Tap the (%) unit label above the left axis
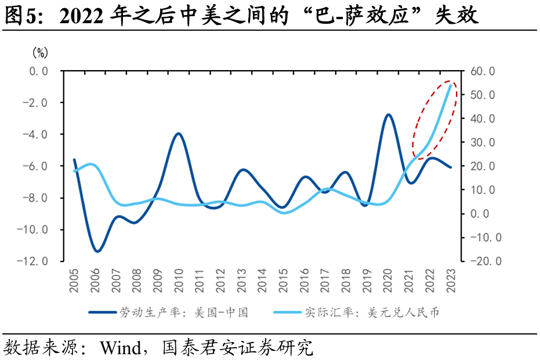tap(39, 53)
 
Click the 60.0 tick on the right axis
tap(482, 71)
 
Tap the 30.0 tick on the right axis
tap(482, 143)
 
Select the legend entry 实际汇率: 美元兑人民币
tap(371, 312)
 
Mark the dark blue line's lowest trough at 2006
tap(97, 251)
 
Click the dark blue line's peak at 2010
tap(179, 133)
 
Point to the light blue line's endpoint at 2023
tap(451, 85)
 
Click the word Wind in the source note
tap(120, 348)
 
